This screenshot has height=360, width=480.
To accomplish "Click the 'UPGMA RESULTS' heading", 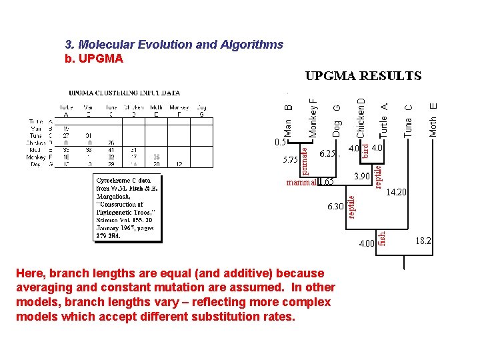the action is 363,76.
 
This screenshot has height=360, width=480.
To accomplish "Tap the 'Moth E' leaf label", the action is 433,119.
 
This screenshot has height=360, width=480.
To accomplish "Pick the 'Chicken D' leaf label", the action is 361,117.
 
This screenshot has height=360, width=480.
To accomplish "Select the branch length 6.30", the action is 335,207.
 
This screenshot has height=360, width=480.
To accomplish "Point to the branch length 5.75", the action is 290,160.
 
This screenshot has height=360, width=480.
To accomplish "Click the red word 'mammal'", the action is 301,181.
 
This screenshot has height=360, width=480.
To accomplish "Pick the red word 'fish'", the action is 382,238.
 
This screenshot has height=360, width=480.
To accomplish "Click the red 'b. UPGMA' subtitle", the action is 94,59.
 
